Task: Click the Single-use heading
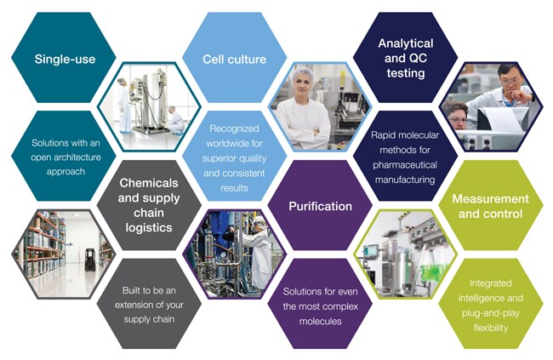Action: point(65,59)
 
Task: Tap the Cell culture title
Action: point(234,59)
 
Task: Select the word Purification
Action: point(320,206)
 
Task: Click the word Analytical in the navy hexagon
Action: point(406,43)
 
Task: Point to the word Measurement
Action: point(491,198)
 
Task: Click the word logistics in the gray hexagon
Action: point(149,227)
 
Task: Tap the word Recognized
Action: point(234,129)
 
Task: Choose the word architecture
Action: point(82,157)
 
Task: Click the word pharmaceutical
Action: point(405,165)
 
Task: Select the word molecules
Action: point(320,321)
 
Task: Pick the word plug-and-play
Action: point(491,313)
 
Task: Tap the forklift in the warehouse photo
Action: point(90,260)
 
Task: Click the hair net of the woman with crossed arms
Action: point(304,74)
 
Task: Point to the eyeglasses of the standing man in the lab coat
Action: point(510,82)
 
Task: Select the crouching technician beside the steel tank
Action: point(175,120)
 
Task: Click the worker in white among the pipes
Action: point(259,250)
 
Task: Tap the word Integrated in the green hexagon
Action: point(490,283)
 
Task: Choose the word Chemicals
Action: point(149,183)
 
